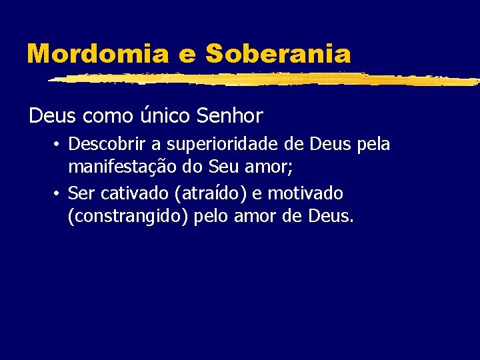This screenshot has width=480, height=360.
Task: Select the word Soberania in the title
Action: [x=278, y=53]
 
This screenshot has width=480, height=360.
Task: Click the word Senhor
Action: [x=230, y=116]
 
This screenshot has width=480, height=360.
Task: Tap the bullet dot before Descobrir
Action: [x=59, y=145]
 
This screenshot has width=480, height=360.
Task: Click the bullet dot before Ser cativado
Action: [x=59, y=194]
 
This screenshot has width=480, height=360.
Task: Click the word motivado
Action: [x=305, y=194]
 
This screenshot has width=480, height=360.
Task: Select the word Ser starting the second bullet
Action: [x=81, y=194]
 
